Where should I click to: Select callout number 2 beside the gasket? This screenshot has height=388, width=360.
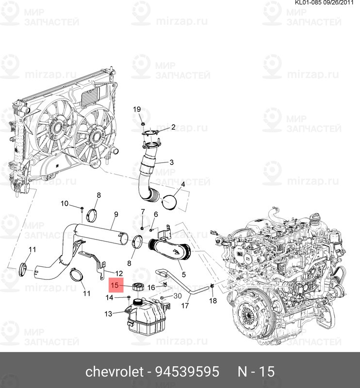pyautogui.click(x=173, y=127)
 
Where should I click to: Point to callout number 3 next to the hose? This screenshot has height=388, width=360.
pyautogui.click(x=172, y=162)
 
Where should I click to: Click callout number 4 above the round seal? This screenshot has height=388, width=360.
pyautogui.click(x=183, y=185)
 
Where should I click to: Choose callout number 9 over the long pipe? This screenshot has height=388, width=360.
pyautogui.click(x=116, y=214)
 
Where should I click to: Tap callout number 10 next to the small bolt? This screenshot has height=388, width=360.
pyautogui.click(x=65, y=203)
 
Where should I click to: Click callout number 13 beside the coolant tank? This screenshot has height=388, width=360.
pyautogui.click(x=108, y=314)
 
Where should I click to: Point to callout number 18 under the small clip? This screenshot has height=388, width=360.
pyautogui.click(x=213, y=301)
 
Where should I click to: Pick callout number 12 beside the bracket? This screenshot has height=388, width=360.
pyautogui.click(x=119, y=274)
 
